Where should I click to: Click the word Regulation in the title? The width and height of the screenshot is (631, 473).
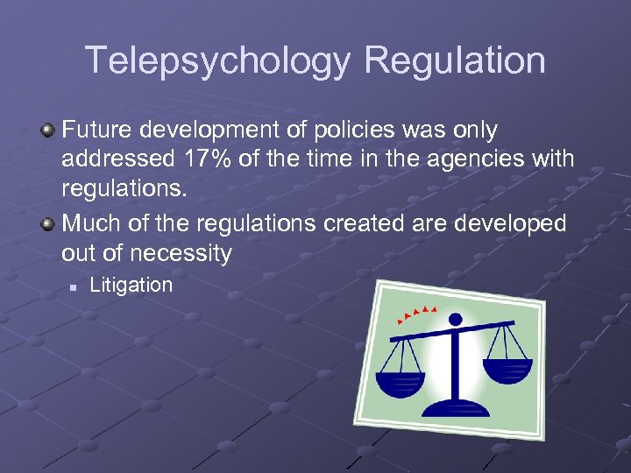coord(455,61)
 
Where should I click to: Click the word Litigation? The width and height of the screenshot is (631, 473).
coord(131,285)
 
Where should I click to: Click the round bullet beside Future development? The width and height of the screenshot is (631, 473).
coord(48,131)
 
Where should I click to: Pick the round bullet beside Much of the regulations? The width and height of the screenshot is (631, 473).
coord(48,224)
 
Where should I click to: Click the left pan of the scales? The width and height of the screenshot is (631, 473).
coord(401,381)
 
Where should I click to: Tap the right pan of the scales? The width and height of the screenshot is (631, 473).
coord(507,369)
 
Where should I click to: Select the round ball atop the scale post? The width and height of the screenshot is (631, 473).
coord(454,319)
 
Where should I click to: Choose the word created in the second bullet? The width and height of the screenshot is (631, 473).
coord(366,224)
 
